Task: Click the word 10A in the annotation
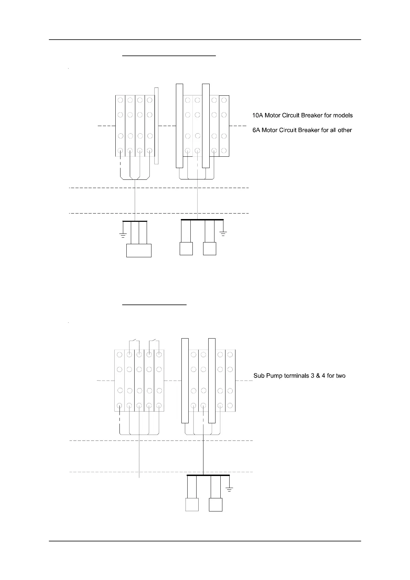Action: click(x=257, y=115)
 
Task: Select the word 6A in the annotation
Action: click(x=256, y=130)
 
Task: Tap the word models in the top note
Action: click(x=343, y=115)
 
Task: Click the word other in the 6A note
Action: click(x=344, y=130)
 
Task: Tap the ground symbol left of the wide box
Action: click(x=122, y=236)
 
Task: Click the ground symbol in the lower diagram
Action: click(x=229, y=489)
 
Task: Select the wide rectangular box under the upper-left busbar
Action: click(x=139, y=250)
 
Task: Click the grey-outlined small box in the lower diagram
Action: click(x=192, y=505)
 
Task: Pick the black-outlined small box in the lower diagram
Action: click(x=215, y=505)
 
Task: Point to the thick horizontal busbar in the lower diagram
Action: click(x=208, y=475)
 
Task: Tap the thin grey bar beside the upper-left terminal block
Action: click(x=156, y=126)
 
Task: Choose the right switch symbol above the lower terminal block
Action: click(x=154, y=343)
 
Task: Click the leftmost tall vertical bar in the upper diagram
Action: click(x=179, y=126)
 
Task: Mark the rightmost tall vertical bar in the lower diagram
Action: click(x=212, y=381)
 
